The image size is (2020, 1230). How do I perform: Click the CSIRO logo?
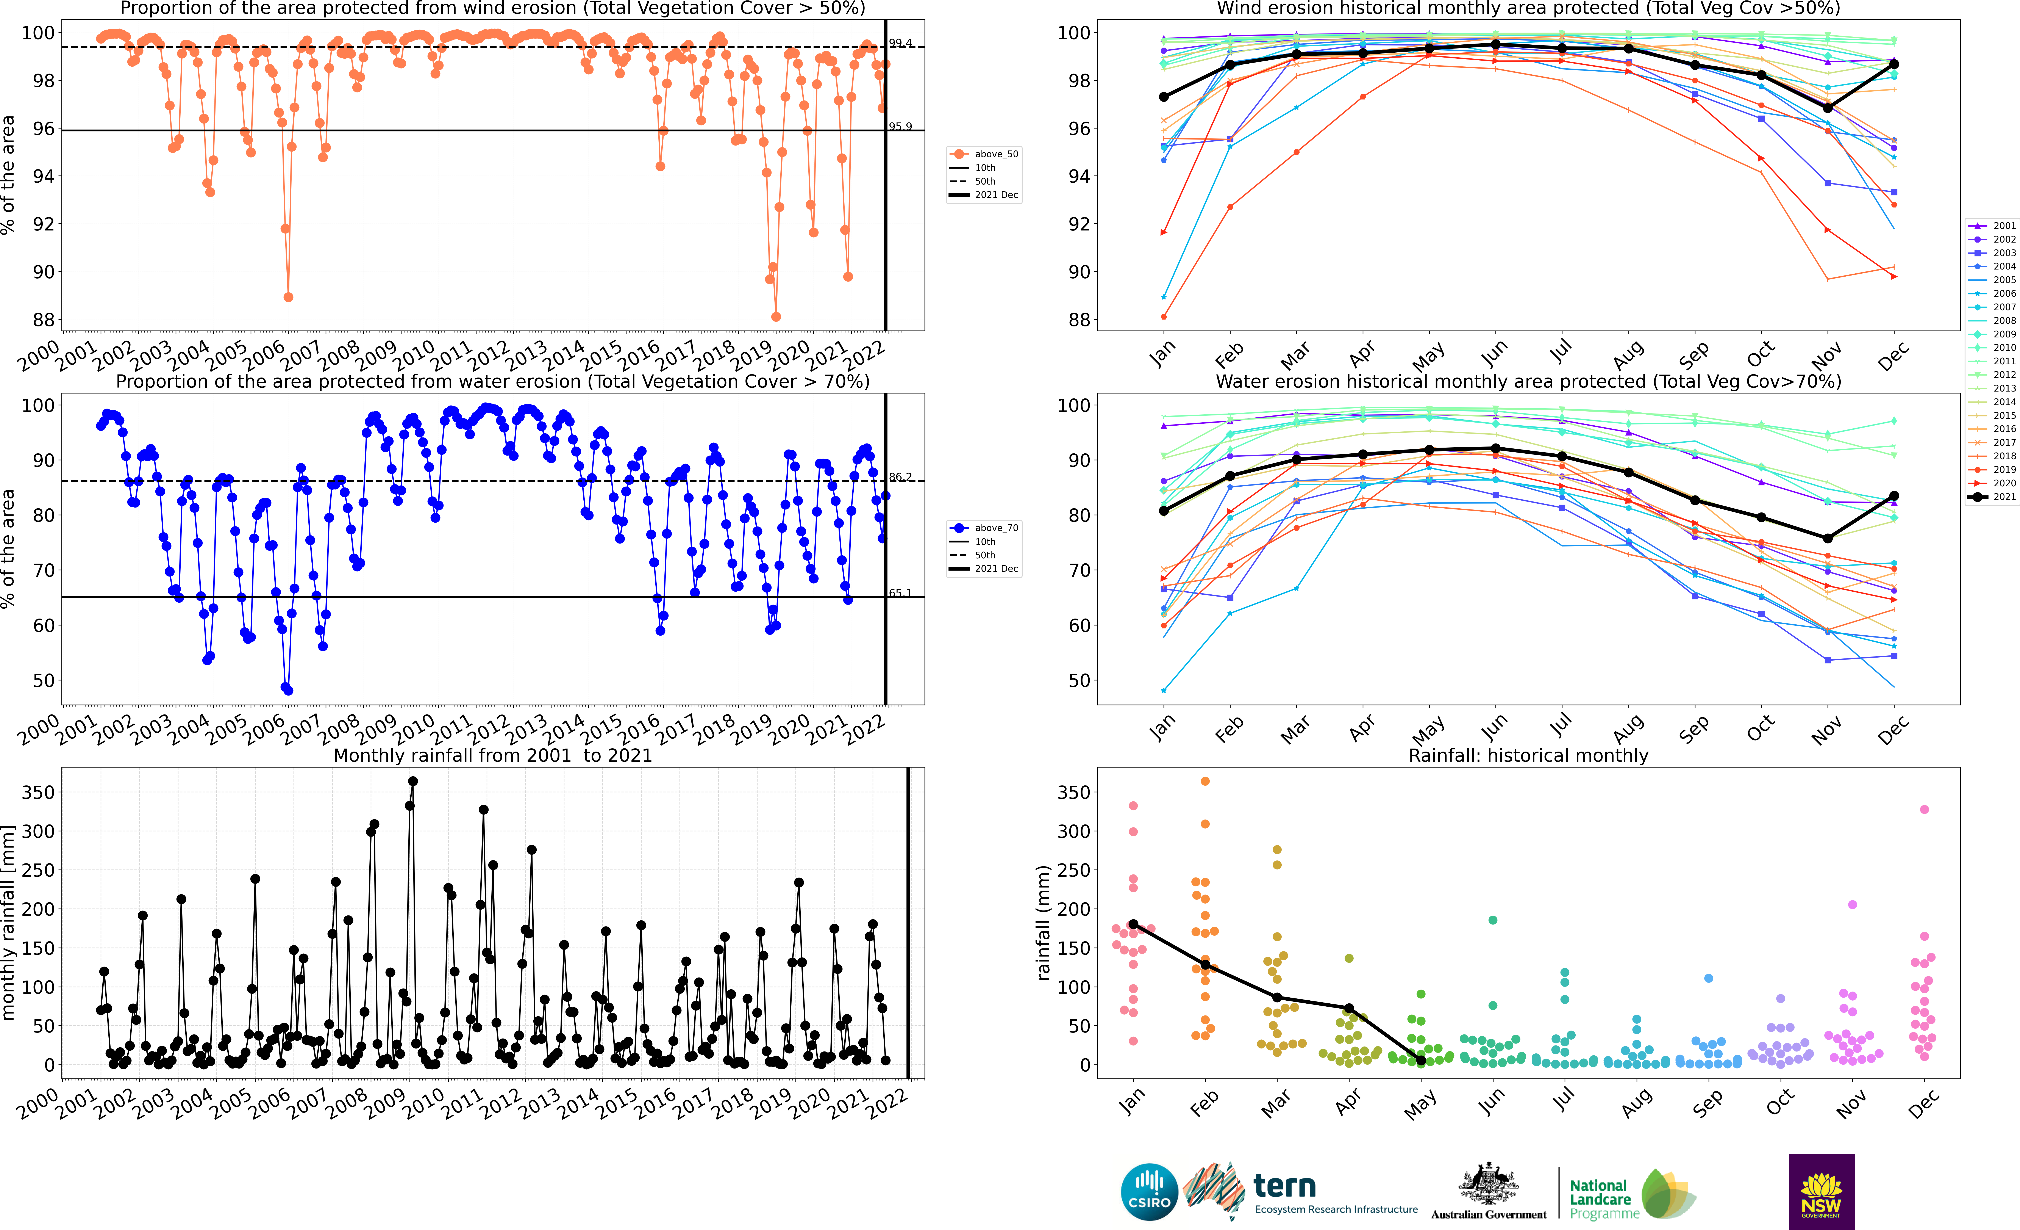tap(1148, 1191)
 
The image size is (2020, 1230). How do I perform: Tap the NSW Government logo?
tap(1821, 1191)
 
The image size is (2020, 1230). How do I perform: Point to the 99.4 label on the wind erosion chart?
tap(900, 43)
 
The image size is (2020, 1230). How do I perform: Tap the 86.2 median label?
tap(900, 476)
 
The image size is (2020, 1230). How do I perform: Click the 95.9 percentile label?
tap(900, 126)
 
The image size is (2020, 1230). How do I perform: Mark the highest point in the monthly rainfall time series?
tap(412, 782)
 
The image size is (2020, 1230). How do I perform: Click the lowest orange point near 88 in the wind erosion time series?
tap(776, 317)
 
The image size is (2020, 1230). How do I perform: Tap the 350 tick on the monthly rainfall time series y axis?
tap(39, 792)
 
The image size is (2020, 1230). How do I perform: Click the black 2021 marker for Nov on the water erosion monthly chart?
tap(1827, 539)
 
